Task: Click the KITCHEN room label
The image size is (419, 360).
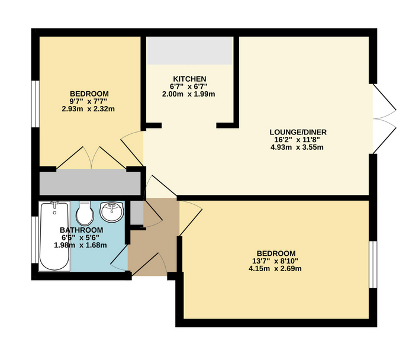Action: click(189, 79)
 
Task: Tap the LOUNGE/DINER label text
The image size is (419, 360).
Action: click(298, 132)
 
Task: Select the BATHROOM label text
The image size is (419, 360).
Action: click(81, 230)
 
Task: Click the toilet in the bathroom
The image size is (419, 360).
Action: click(85, 213)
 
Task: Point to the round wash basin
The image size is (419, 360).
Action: click(112, 211)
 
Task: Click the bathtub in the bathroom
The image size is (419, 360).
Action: click(54, 236)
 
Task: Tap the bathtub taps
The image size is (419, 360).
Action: click(55, 205)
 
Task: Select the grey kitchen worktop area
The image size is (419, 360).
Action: click(190, 50)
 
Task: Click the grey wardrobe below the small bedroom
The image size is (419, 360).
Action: click(90, 184)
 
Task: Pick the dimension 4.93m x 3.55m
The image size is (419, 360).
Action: click(297, 147)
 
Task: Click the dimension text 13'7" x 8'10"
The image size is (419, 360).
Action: click(275, 261)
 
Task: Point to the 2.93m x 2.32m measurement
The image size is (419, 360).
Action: click(88, 109)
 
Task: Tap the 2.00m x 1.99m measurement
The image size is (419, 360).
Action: click(189, 94)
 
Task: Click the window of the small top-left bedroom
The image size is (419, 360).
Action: click(36, 104)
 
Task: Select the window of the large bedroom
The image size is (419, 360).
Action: click(373, 264)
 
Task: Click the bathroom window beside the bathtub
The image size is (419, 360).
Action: click(36, 239)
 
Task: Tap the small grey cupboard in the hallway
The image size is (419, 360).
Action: click(137, 213)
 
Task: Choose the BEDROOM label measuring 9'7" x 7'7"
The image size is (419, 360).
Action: click(89, 94)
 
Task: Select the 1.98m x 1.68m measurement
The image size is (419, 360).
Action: click(80, 245)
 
